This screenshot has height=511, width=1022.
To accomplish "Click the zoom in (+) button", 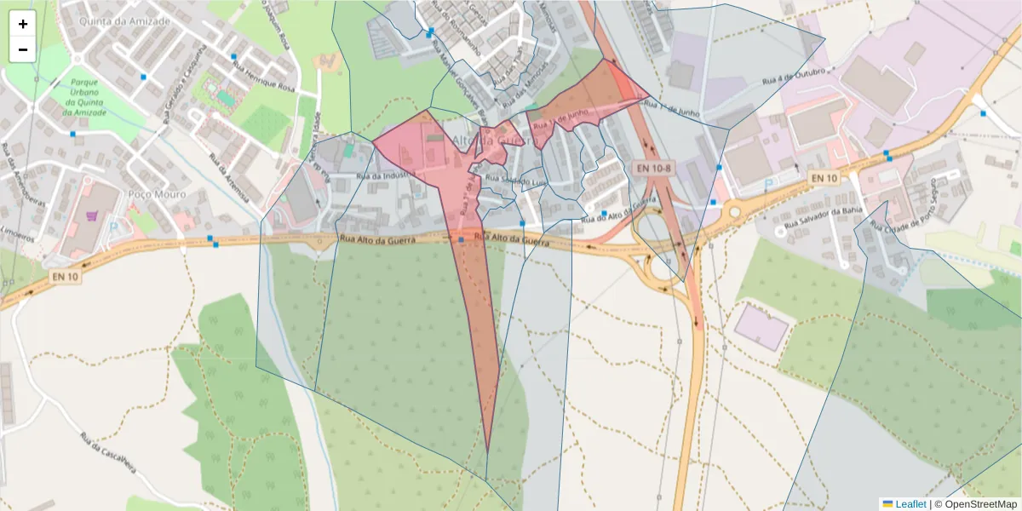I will tap(23, 24).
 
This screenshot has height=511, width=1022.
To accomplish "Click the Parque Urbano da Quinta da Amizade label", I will tap(84, 99).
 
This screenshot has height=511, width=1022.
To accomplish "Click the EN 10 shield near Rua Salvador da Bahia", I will tap(824, 177).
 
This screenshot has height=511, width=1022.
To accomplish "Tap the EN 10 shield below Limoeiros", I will tap(65, 276).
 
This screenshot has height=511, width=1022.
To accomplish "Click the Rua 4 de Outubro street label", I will tap(794, 78).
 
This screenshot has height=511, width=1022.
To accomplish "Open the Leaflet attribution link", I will tap(904, 504).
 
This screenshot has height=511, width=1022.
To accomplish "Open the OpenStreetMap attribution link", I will tap(975, 504).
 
